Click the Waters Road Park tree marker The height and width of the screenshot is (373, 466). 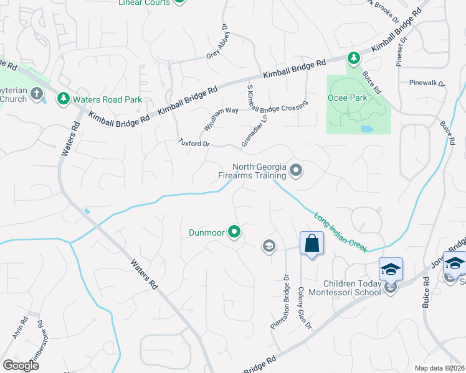(x=63, y=99)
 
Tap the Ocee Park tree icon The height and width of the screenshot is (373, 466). (x=354, y=58)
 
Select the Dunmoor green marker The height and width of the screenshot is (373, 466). (x=234, y=233)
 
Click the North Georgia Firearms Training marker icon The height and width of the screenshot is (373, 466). (x=296, y=170)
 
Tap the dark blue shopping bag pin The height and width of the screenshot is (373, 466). (x=311, y=243)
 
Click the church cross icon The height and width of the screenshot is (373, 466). (x=37, y=94)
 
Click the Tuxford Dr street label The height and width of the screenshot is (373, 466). (x=194, y=144)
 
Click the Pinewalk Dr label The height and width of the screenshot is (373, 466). (x=427, y=83)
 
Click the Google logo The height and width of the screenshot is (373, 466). (x=20, y=365)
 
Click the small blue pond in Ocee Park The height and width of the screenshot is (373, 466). (x=366, y=129)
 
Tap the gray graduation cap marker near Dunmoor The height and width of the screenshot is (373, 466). (x=269, y=246)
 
